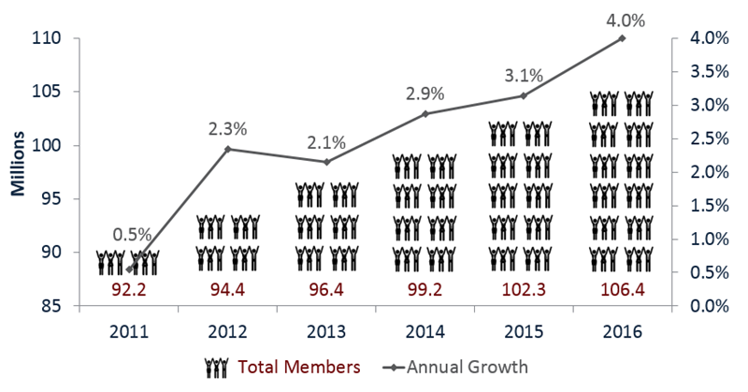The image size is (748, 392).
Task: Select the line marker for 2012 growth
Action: pos(228,149)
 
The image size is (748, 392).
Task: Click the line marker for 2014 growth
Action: pos(424,114)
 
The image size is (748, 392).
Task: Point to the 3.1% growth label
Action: pos(523,75)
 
